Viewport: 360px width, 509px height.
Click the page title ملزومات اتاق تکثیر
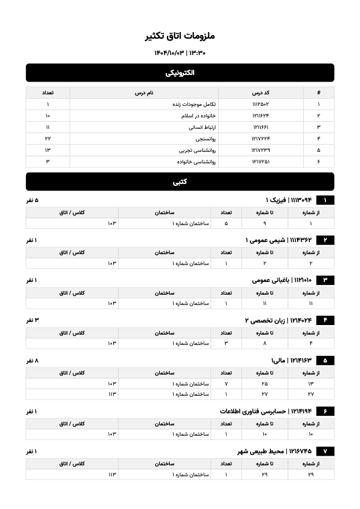pyautogui.click(x=180, y=36)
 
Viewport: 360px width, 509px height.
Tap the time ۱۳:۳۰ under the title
pyautogui.click(x=197, y=53)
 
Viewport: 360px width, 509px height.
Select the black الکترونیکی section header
pyautogui.click(x=180, y=73)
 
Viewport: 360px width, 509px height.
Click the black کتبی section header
pyautogui.click(x=180, y=182)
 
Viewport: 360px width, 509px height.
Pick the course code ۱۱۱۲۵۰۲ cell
pyautogui.click(x=260, y=104)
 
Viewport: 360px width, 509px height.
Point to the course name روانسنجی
pyautogui.click(x=203, y=139)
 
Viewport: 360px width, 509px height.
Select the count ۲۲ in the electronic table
pyautogui.click(x=48, y=139)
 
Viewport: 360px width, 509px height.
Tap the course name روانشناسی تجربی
pyautogui.click(x=194, y=150)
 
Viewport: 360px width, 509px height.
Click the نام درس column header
pyautogui.click(x=143, y=93)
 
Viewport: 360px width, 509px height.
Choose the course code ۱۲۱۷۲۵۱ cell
pyautogui.click(x=260, y=162)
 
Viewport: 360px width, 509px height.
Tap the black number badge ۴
pyautogui.click(x=325, y=320)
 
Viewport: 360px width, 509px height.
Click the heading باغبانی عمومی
pyautogui.click(x=269, y=280)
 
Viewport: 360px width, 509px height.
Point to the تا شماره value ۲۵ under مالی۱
pyautogui.click(x=264, y=384)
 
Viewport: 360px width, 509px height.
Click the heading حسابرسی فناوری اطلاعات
pyautogui.click(x=254, y=411)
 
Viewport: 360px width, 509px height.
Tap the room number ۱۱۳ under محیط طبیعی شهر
pyautogui.click(x=111, y=475)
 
